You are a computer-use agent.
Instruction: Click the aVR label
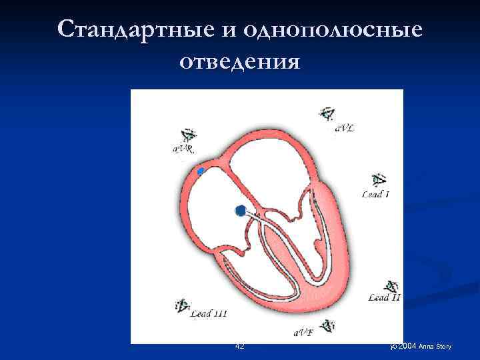(x=183, y=149)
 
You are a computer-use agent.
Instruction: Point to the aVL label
(x=345, y=127)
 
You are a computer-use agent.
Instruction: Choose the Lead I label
(x=376, y=195)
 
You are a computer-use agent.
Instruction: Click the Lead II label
(x=385, y=298)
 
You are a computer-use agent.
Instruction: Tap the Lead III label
(x=209, y=313)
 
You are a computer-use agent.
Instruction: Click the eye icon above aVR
(x=186, y=136)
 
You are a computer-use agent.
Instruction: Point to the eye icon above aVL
(x=327, y=113)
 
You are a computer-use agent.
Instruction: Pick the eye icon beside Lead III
(x=182, y=306)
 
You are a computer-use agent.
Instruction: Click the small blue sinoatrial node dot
(x=201, y=172)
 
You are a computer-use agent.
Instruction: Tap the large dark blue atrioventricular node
(x=240, y=211)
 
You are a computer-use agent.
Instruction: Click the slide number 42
(x=240, y=346)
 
